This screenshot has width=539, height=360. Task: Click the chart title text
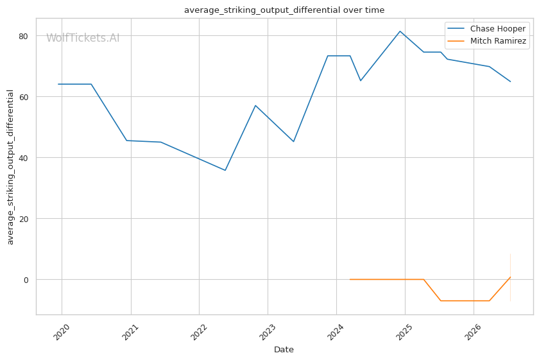coord(284,10)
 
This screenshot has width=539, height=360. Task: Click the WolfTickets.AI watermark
coord(83,38)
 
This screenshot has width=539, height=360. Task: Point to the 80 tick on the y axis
coord(24,36)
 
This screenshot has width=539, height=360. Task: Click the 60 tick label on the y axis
coord(24,97)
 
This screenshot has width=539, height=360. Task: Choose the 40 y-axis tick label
coord(24,158)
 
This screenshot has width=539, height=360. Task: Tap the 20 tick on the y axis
coord(24,219)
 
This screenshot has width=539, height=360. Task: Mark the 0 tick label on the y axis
coord(26,280)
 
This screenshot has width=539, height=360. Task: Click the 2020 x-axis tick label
coord(62,332)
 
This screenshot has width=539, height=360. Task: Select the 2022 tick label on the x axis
coord(200,332)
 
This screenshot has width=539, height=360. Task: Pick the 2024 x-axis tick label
coord(336,332)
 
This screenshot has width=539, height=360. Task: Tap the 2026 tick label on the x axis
coord(474,332)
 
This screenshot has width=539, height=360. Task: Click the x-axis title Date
coord(284,350)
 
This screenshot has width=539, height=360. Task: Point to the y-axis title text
coord(10,167)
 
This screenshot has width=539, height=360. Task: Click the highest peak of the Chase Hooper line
coord(400,31)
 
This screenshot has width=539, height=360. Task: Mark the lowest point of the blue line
coord(225,170)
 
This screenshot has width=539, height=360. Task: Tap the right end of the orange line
coord(511,277)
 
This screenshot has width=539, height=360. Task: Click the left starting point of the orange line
coord(350,279)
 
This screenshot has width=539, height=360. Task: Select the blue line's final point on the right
coord(511,81)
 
